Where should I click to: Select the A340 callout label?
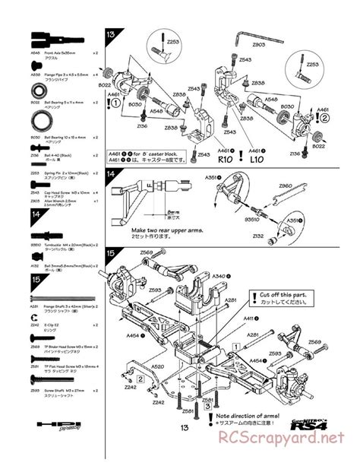pos(219,276)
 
